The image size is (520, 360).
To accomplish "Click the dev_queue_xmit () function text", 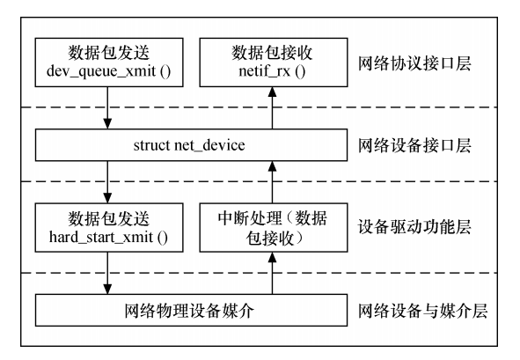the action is (x=109, y=71).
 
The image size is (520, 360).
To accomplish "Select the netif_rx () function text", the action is (x=272, y=71).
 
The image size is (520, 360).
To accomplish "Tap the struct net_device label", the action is (x=189, y=145).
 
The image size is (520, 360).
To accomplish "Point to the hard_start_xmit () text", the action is (x=108, y=238).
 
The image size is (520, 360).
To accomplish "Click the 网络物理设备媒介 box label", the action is (x=189, y=311).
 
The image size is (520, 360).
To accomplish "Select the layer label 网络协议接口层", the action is (x=414, y=63).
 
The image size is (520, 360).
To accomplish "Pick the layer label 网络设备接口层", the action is (x=414, y=145).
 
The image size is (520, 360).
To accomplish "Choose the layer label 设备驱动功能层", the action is (x=414, y=227).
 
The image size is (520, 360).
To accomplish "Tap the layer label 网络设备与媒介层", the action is (x=422, y=311).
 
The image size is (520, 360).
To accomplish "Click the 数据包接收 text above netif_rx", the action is (x=272, y=53).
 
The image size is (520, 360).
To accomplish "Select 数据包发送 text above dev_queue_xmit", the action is (x=109, y=53).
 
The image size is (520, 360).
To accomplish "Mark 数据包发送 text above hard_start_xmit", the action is (x=109, y=218).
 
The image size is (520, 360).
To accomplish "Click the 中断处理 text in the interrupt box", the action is (x=250, y=218).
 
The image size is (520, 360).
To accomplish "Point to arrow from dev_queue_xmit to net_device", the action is (x=107, y=108).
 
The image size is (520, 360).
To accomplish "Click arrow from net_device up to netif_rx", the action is (x=272, y=108).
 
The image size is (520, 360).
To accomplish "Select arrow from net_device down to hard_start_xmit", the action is (x=107, y=182).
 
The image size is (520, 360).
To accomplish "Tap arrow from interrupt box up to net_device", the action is (x=272, y=182).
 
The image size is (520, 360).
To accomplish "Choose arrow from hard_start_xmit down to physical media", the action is (x=107, y=273).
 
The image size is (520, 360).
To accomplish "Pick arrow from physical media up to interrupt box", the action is (x=272, y=273).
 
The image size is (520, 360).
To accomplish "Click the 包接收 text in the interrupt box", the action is (x=270, y=238).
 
